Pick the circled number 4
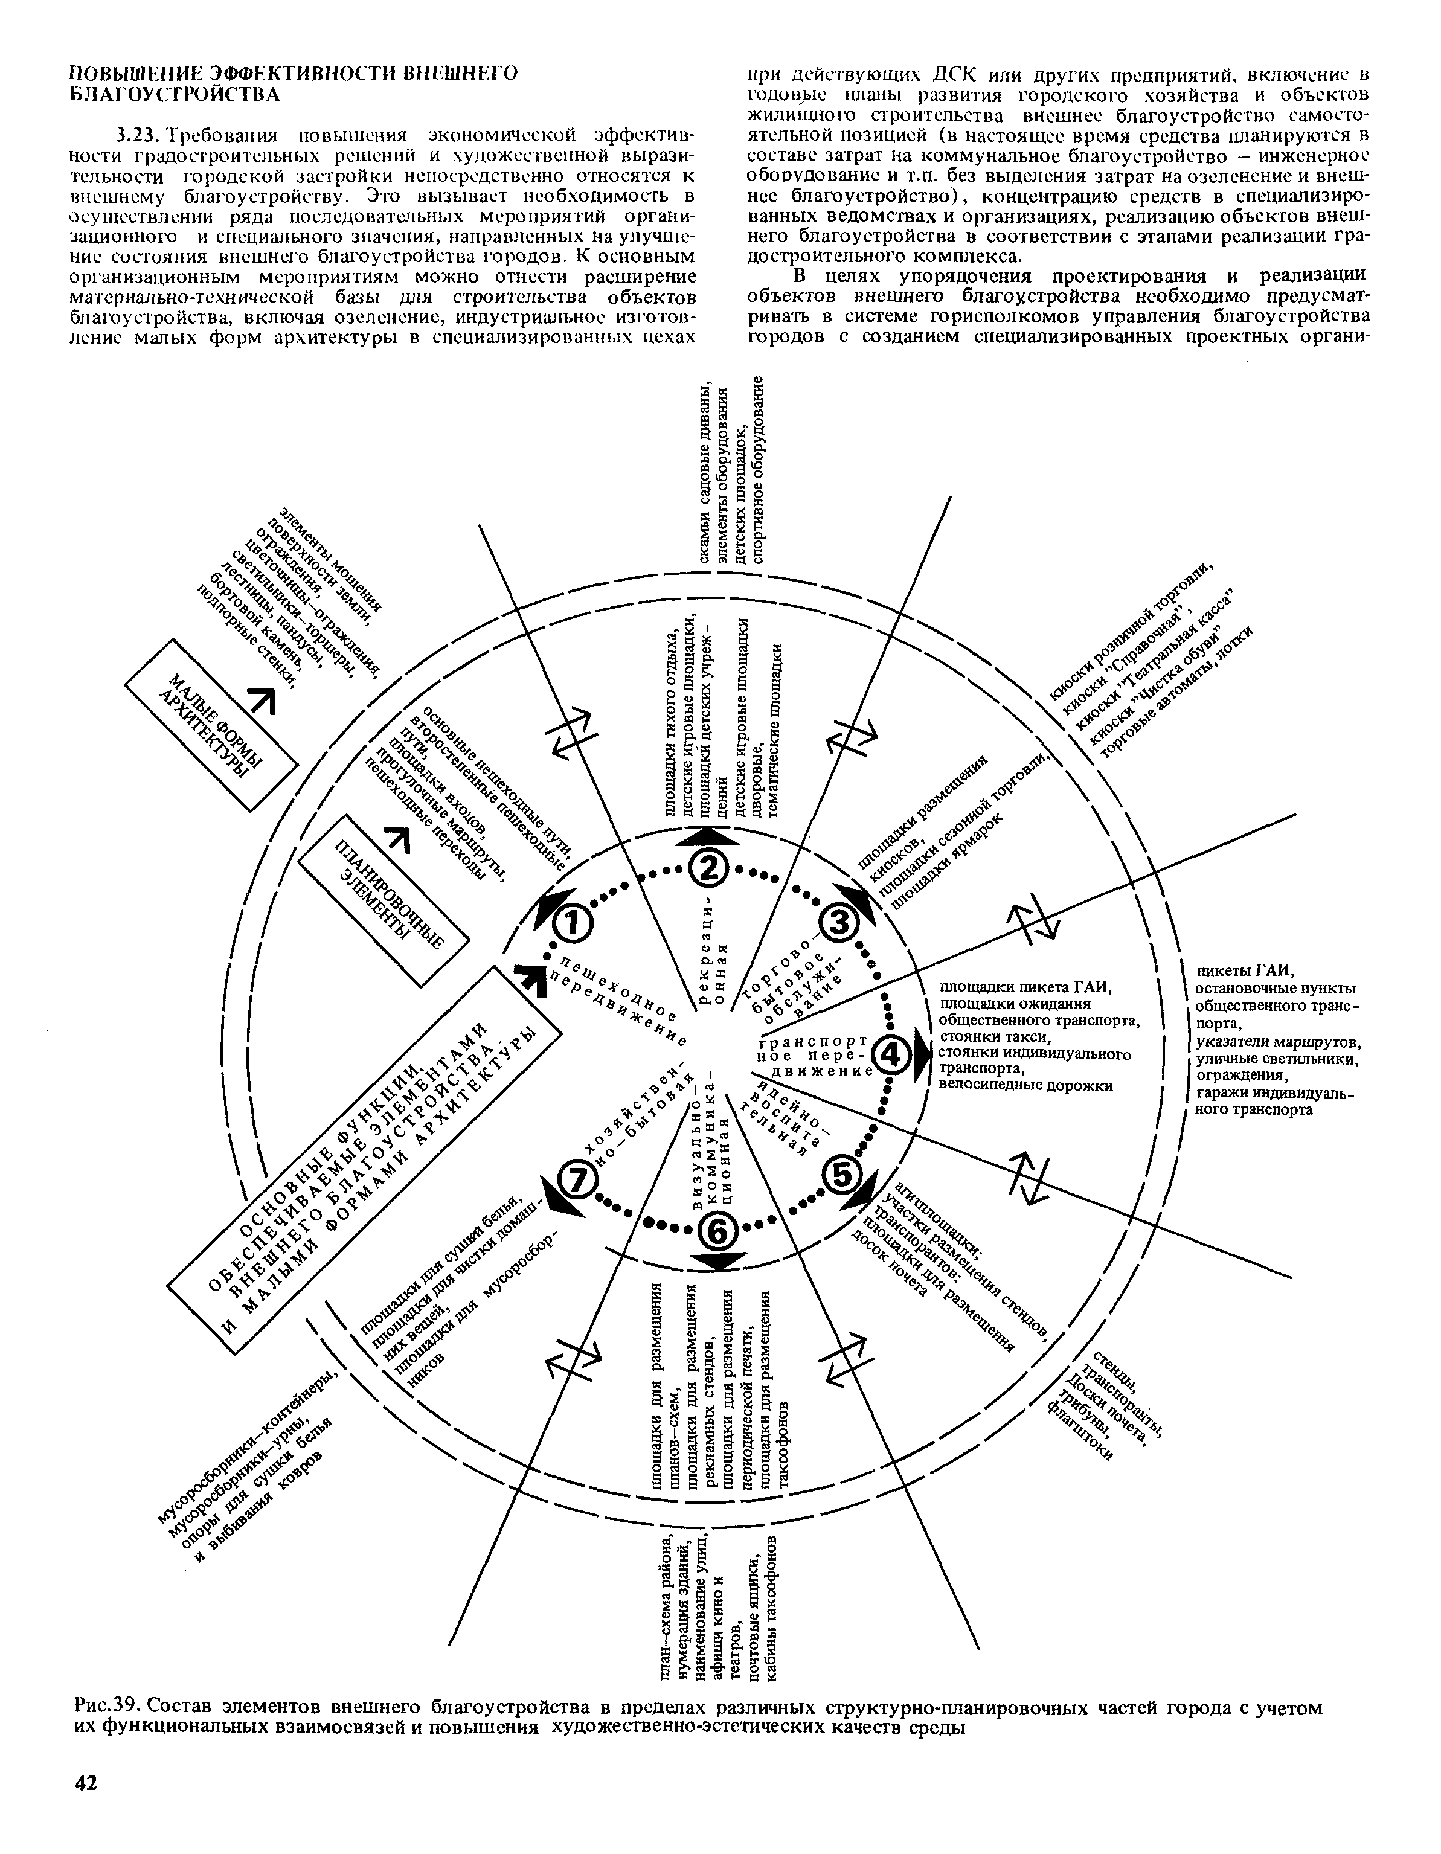891,1057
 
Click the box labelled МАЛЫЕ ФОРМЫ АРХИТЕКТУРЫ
213,723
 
